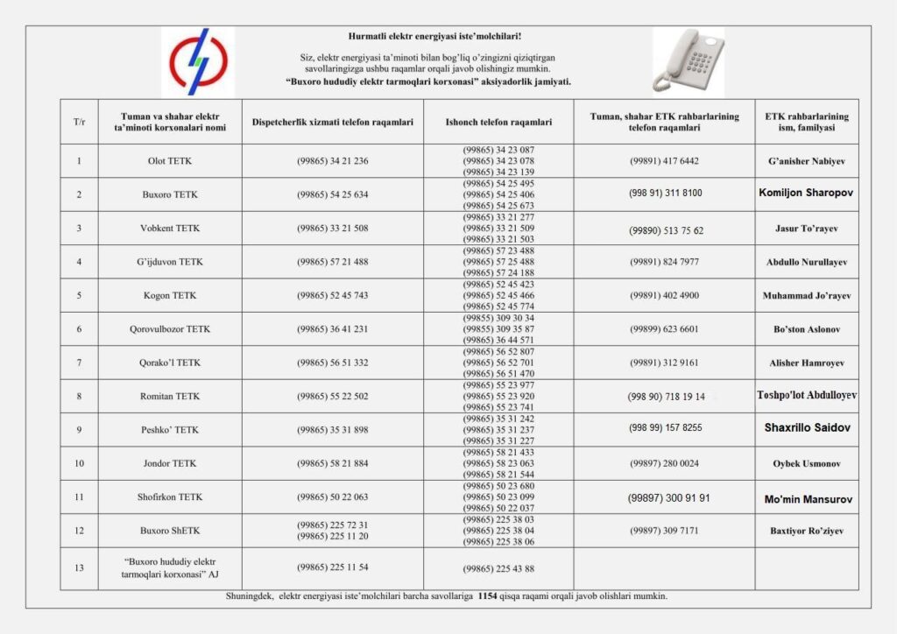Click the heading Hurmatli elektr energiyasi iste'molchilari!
click(x=434, y=36)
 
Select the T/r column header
click(x=79, y=122)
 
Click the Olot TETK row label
click(x=170, y=161)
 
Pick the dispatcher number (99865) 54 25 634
click(x=333, y=194)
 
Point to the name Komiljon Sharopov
click(x=806, y=193)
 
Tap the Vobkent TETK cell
click(x=170, y=229)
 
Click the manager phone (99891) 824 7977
click(x=664, y=262)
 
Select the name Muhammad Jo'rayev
click(x=806, y=296)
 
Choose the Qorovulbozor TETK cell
click(x=170, y=329)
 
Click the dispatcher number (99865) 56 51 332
click(x=333, y=363)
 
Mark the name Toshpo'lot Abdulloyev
click(x=807, y=396)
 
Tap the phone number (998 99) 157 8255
click(x=665, y=428)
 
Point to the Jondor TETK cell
click(x=170, y=463)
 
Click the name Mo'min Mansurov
click(x=806, y=499)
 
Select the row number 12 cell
click(x=79, y=531)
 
